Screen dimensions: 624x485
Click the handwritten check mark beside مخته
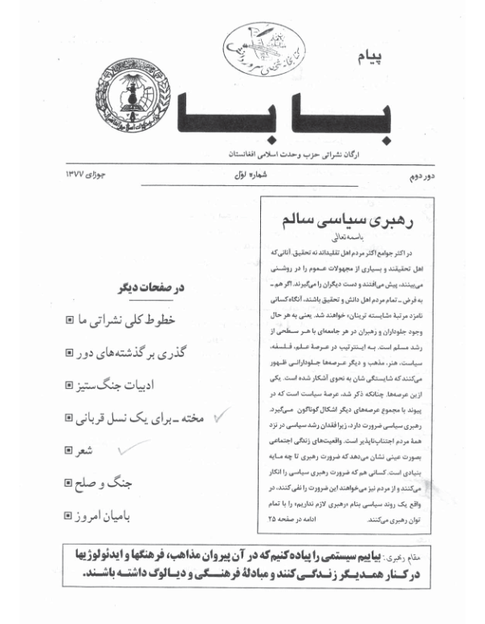218,415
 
